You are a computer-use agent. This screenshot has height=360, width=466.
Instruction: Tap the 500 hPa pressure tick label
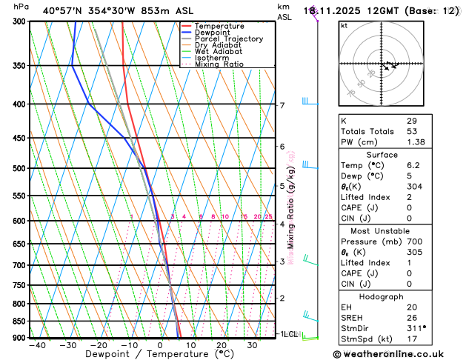19,168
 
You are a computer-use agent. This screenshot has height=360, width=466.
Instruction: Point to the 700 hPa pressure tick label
19,265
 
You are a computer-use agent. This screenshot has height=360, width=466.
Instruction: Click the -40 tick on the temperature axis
37,345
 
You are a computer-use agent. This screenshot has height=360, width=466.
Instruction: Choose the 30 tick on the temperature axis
253,345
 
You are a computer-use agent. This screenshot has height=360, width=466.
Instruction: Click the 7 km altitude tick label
282,105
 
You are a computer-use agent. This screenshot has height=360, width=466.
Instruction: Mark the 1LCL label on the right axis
288,334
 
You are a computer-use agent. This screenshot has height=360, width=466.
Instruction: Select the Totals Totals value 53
411,130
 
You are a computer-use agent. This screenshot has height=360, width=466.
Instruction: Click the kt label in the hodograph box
344,25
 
